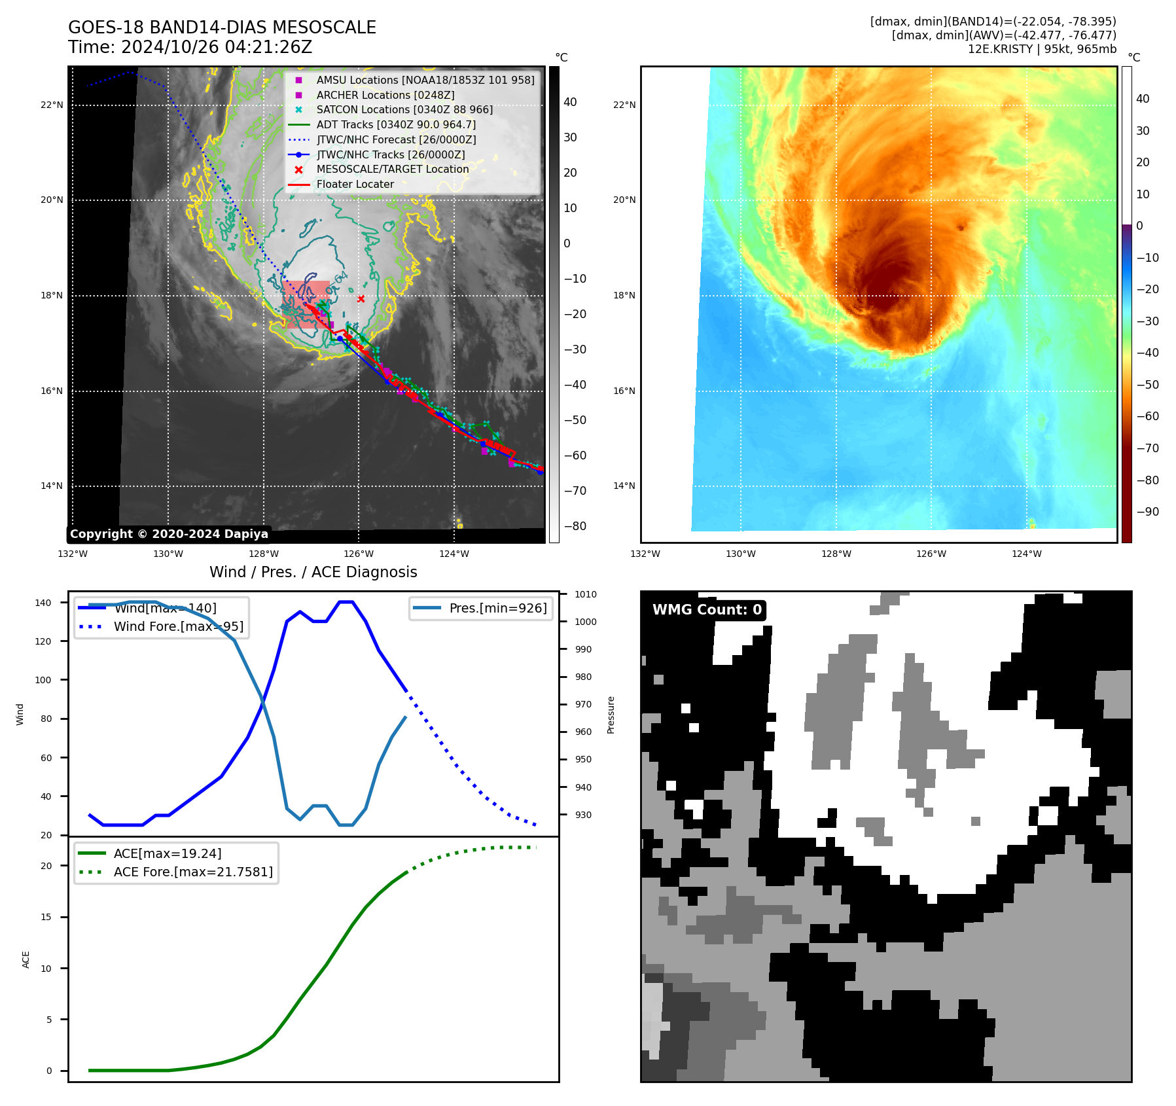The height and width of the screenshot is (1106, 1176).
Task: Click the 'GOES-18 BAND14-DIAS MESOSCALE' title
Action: (222, 27)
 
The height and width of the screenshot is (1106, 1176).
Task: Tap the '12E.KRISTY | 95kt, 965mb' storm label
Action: (1042, 49)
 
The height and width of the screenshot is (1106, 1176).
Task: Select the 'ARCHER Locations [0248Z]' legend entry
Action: (385, 95)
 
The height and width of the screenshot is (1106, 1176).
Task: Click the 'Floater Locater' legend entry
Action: (355, 185)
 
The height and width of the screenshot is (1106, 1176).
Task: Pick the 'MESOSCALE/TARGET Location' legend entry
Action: (392, 169)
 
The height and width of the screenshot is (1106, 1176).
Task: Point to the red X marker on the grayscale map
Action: (361, 299)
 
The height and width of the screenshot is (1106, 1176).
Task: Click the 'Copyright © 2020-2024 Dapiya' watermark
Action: (169, 534)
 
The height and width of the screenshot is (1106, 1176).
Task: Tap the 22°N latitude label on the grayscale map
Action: (52, 105)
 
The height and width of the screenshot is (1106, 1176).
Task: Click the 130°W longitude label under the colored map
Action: (740, 554)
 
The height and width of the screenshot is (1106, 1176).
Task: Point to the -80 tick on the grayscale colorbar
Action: (575, 526)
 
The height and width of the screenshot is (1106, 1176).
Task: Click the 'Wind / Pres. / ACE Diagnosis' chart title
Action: (313, 572)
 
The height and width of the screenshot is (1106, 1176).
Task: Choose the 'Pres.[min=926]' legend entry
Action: (497, 608)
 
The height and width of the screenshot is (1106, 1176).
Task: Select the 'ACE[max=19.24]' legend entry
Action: (167, 853)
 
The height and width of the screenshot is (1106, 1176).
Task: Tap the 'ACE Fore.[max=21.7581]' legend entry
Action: (193, 872)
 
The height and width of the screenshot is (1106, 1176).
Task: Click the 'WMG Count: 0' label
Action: (707, 610)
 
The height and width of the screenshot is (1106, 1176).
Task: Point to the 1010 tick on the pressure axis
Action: (586, 594)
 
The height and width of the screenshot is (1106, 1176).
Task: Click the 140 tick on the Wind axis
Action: (43, 603)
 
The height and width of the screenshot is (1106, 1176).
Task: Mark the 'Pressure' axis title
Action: (611, 715)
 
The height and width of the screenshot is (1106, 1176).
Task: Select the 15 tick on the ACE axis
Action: (46, 917)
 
